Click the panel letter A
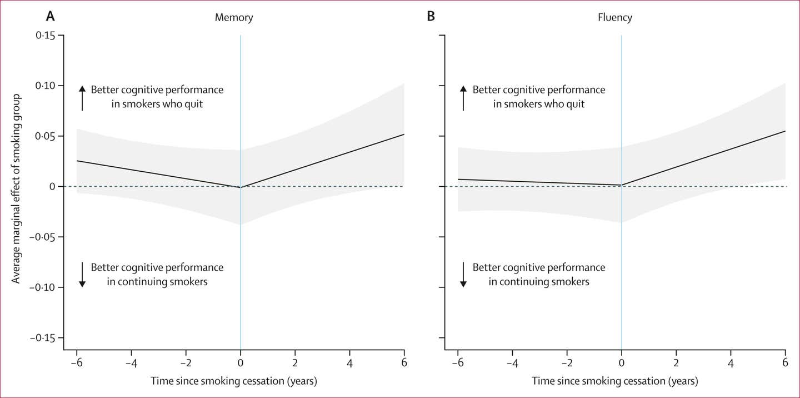(x=50, y=16)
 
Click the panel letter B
(x=431, y=16)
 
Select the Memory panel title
(x=234, y=17)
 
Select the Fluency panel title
(x=614, y=17)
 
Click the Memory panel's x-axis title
(x=234, y=381)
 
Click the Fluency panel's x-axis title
(x=615, y=381)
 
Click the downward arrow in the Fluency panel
(x=463, y=275)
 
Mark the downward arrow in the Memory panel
(x=82, y=275)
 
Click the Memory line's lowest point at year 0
(x=240, y=187)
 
